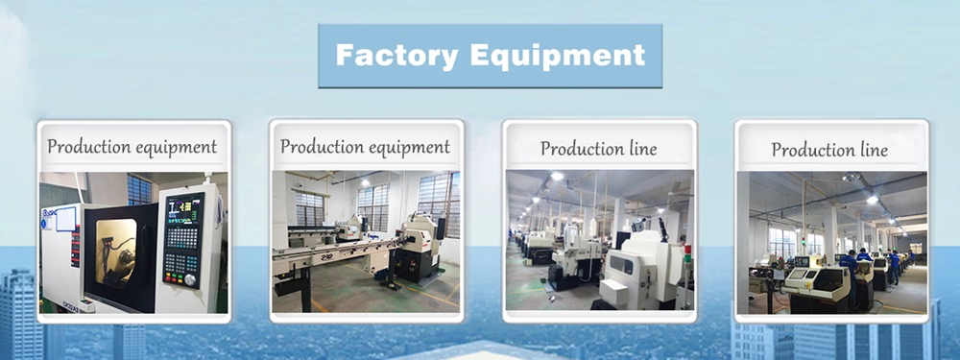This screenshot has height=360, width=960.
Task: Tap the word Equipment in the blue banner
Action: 558,57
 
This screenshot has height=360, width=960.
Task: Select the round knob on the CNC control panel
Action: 190,279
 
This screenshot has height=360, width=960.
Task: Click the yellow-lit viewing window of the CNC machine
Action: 116,252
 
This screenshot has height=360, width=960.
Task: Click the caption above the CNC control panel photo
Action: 132,147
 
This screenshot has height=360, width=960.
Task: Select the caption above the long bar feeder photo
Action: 365,147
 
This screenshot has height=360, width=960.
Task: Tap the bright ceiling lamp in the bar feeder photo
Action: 366,182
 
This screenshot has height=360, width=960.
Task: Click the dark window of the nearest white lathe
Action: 622,265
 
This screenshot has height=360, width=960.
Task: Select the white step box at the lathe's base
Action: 614,293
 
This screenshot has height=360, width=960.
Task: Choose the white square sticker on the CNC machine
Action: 65,219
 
